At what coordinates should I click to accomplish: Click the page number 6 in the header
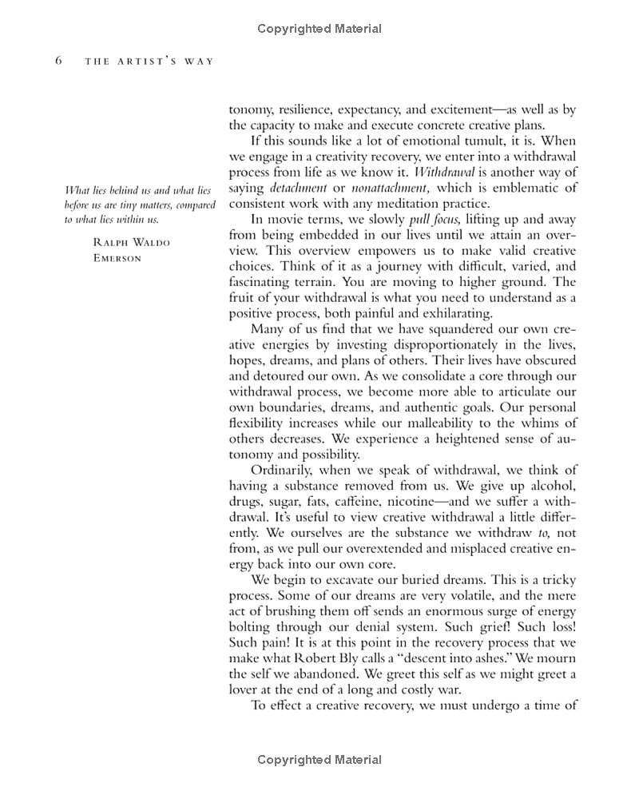coord(58,62)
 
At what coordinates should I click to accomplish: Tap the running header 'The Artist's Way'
coord(149,62)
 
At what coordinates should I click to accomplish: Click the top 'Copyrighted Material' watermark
coord(319,29)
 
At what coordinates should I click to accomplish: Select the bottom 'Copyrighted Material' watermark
coord(319,760)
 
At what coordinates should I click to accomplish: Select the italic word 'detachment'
coord(298,188)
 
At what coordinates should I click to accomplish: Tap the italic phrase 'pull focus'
coord(435,219)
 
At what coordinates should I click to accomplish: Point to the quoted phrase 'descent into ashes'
coord(435,659)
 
